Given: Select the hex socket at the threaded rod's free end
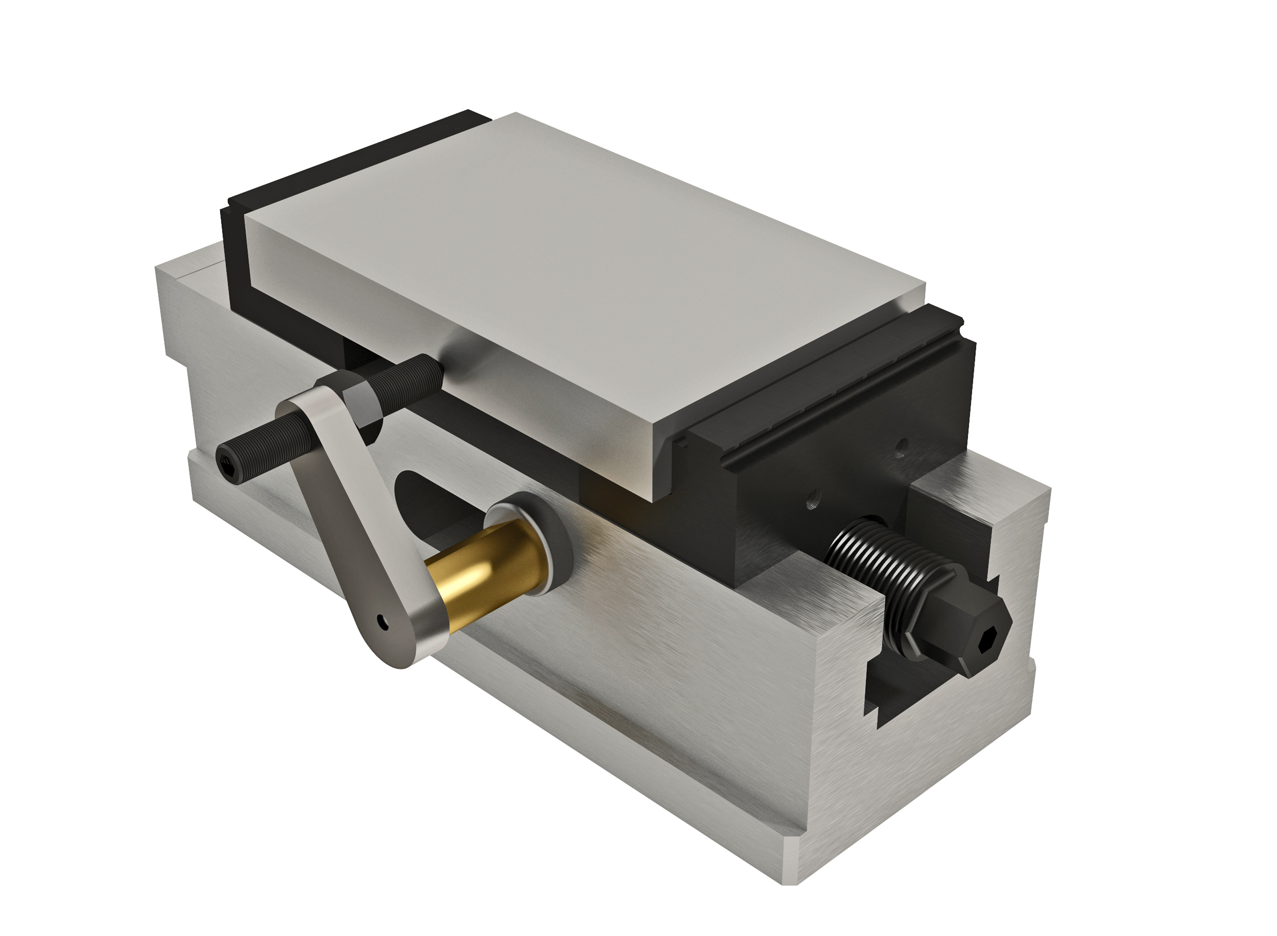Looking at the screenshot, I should pos(227,462).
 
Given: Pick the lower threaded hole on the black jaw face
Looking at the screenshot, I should pos(812,502).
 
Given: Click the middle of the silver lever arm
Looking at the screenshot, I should pos(351,498).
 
